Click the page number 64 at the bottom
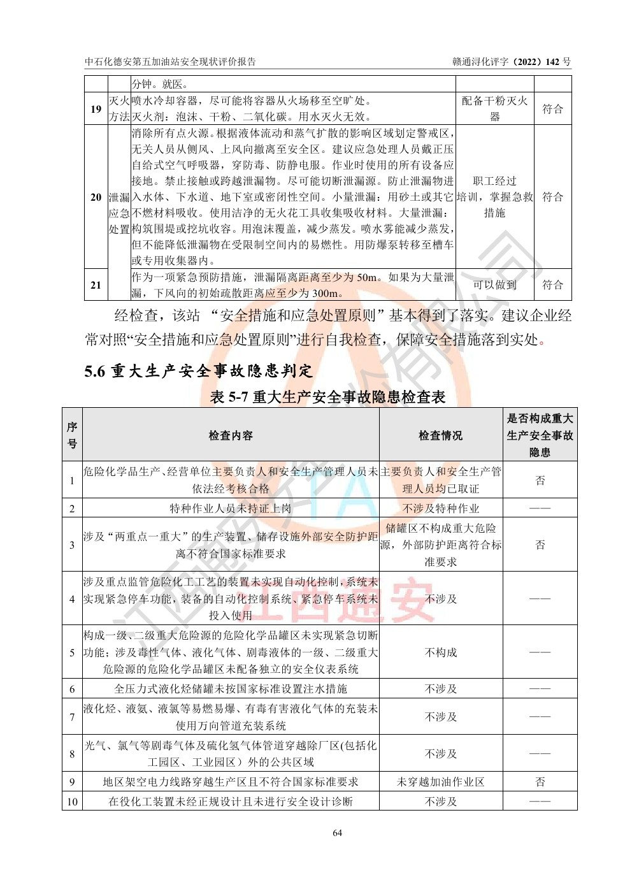337,833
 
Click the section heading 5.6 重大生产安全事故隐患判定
199,371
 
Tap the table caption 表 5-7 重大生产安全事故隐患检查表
327,397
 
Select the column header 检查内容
231,435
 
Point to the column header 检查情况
440,435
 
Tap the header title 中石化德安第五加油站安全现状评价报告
171,62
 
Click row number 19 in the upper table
96,109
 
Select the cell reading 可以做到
494,285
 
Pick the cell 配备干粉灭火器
494,109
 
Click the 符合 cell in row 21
552,285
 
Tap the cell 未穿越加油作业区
440,782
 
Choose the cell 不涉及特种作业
440,508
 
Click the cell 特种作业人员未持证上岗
231,508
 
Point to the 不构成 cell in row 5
440,652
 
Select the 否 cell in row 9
540,782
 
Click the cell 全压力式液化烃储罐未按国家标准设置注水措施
231,689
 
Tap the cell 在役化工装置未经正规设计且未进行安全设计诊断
231,802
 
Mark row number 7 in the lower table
72,717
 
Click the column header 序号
72,435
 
